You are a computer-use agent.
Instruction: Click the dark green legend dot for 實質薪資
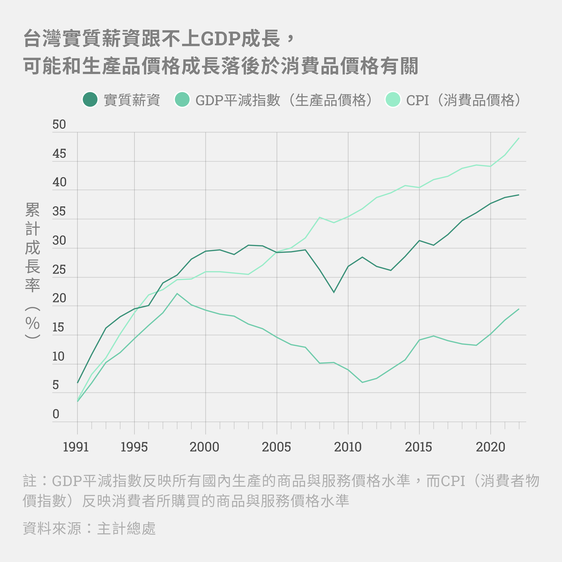click(90, 99)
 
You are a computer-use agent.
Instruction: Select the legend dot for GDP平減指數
click(182, 99)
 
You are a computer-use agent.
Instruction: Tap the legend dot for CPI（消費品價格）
click(393, 99)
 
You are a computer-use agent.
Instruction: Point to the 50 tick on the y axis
click(59, 124)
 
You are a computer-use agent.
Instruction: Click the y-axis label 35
click(59, 212)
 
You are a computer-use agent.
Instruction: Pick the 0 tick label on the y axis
click(56, 414)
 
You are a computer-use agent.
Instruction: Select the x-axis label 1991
click(76, 447)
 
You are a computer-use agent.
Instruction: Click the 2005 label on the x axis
click(276, 447)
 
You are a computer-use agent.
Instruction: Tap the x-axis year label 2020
click(490, 447)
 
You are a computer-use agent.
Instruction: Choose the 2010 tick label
click(348, 447)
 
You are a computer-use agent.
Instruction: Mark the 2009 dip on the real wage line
click(334, 292)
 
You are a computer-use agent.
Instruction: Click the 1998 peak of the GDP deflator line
click(177, 294)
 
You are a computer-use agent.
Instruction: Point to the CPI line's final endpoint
click(519, 138)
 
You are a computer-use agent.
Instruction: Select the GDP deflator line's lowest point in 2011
click(362, 382)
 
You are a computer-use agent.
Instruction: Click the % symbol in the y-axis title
click(32, 323)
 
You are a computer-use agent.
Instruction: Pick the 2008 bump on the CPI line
click(319, 217)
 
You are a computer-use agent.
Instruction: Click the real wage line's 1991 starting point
click(77, 382)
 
